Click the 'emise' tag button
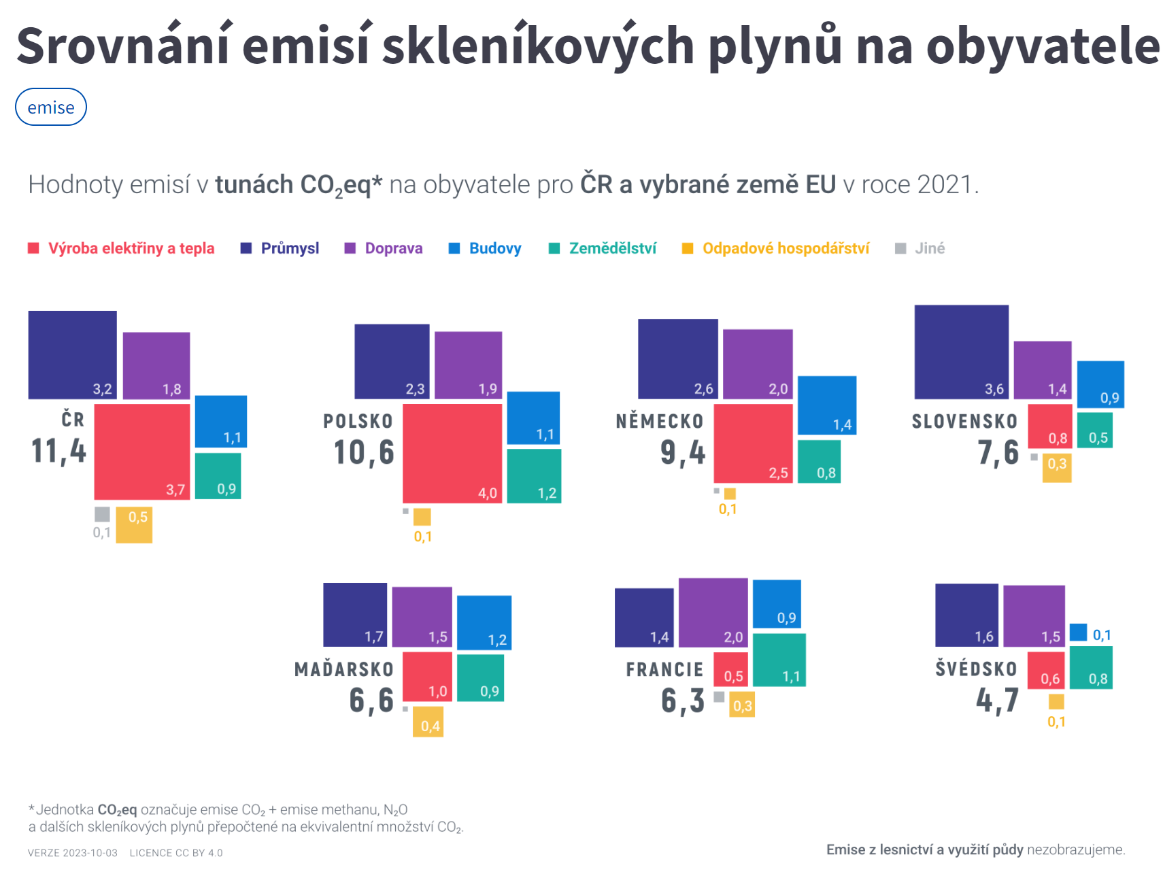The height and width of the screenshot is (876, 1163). point(51,107)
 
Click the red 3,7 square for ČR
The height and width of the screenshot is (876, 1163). point(141,452)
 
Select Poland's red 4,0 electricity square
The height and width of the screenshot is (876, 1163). point(452,453)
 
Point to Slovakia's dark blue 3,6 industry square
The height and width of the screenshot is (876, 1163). point(961,352)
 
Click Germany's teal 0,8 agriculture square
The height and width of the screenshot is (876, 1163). point(819,462)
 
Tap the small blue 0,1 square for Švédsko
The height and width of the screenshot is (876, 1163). point(1078,633)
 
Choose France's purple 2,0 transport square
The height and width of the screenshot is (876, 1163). point(713,613)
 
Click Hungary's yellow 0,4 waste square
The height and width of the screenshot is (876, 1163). point(428,722)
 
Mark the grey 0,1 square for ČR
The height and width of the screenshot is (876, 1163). point(102,514)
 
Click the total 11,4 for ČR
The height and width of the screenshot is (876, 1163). point(59,451)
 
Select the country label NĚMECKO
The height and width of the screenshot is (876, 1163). point(659,422)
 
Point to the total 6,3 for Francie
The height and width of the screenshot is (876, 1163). point(683,701)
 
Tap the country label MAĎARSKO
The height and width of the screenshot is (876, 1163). point(344,670)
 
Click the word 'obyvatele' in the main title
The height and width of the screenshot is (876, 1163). point(1043,46)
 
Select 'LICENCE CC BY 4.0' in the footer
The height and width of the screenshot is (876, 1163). point(176,853)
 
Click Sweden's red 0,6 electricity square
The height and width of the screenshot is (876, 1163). point(1045,669)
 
